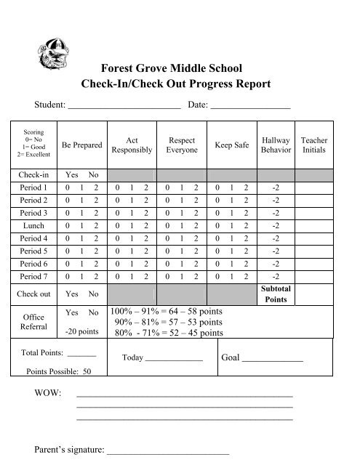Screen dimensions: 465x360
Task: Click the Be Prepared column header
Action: tap(82, 145)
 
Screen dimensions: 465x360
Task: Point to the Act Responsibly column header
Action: tap(132, 145)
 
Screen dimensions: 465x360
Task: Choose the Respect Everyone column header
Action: tap(181, 145)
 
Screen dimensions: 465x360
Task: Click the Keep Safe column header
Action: tap(232, 145)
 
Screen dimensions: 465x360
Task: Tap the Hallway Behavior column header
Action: tap(276, 145)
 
